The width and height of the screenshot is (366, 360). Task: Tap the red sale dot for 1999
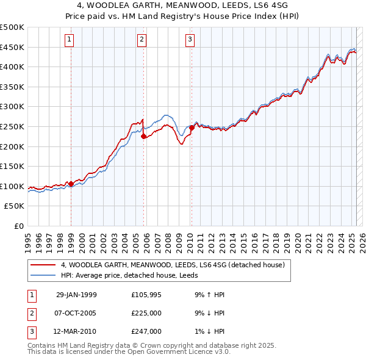(x=71, y=184)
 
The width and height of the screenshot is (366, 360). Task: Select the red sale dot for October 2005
(x=144, y=137)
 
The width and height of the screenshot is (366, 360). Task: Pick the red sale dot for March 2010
(x=192, y=128)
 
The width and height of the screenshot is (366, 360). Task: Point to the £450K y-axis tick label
(x=12, y=47)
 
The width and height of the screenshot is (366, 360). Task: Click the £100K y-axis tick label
(x=12, y=186)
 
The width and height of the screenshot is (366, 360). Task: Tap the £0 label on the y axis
(x=19, y=226)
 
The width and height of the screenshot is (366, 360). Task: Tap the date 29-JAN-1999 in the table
(x=76, y=295)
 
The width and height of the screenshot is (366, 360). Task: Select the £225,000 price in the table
(x=146, y=313)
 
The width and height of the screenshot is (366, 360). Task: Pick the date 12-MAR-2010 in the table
(x=76, y=331)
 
